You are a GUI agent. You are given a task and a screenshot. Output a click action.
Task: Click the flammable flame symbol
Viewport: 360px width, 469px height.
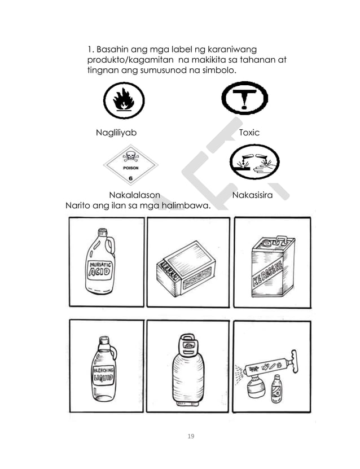click(124, 101)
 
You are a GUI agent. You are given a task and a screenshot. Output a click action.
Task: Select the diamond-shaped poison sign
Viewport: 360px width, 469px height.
click(130, 165)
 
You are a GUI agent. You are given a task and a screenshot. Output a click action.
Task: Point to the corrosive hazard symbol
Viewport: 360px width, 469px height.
click(253, 164)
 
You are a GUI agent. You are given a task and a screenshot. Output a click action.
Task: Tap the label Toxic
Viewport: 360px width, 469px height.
click(249, 133)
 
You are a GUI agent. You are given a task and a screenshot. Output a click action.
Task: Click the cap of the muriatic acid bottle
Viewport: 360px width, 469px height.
click(103, 232)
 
